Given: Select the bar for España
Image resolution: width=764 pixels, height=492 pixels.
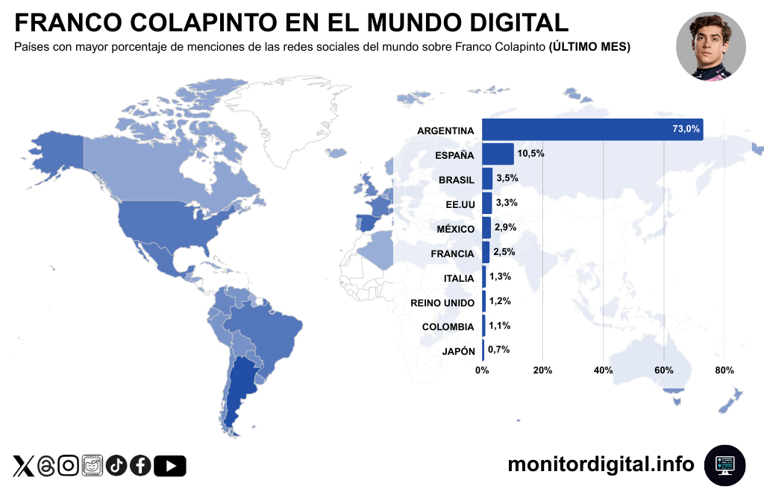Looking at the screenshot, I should (498, 154).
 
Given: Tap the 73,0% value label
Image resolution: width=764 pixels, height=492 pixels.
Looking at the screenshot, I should (686, 129).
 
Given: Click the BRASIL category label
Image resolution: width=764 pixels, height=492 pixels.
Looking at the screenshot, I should (456, 180).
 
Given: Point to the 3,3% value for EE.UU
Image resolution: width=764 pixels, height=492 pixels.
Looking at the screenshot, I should (506, 203).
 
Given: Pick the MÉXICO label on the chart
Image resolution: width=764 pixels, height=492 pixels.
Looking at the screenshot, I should (455, 229).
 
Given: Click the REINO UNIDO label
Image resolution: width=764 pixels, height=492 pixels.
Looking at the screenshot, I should (442, 303).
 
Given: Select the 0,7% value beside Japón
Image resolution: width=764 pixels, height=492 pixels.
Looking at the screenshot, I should (498, 350).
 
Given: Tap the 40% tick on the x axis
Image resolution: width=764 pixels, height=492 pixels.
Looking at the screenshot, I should (603, 370).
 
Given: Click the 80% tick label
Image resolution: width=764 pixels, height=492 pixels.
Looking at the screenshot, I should (724, 370).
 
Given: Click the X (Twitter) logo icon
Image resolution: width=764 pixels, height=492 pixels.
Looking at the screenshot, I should (23, 466).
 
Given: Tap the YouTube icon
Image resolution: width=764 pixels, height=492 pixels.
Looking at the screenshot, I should (170, 466).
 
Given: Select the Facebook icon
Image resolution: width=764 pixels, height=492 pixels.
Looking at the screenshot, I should (140, 466).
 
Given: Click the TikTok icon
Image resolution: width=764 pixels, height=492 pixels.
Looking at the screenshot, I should (116, 466).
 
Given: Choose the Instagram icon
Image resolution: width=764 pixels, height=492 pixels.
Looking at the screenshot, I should (69, 466).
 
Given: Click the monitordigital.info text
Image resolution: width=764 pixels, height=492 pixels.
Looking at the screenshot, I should (601, 464).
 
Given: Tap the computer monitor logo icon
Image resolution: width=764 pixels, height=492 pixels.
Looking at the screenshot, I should (724, 464).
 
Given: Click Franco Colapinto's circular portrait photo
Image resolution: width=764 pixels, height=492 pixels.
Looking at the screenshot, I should (710, 46).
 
